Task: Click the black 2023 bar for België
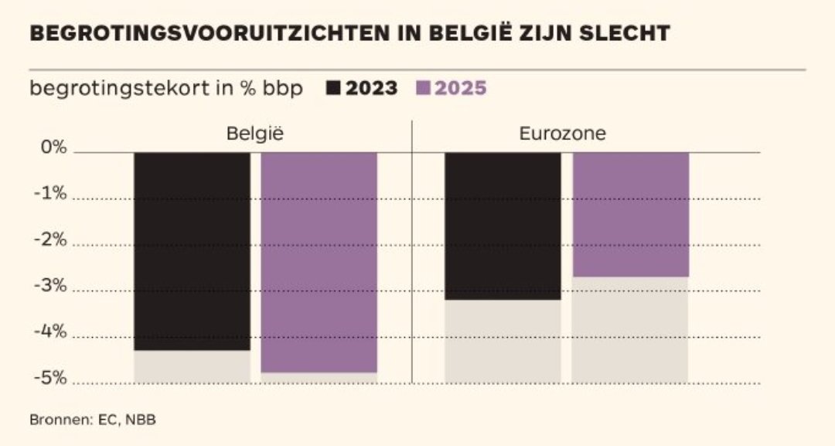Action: point(192,251)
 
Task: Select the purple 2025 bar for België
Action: point(319,262)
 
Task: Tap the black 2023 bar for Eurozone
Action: point(503,226)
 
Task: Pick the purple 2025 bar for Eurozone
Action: point(629,214)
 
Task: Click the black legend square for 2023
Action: point(334,88)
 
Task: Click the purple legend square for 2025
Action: point(423,88)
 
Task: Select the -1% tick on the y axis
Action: point(50,194)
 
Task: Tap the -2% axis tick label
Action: point(50,240)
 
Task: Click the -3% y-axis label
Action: point(50,287)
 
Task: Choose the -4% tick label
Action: point(50,333)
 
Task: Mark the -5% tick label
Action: point(50,380)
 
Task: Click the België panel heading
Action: point(255,133)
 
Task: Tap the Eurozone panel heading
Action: point(562,133)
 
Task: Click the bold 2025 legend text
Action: point(461,88)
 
